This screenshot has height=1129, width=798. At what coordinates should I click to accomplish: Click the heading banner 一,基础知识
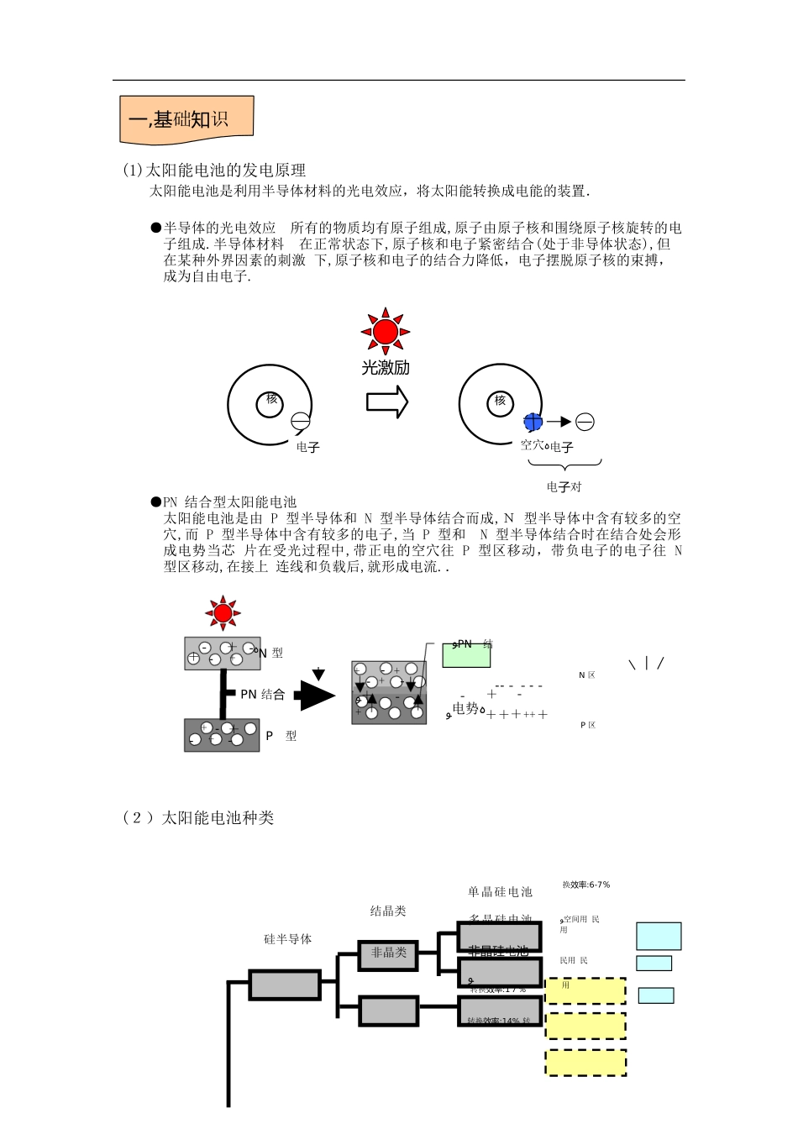[186, 119]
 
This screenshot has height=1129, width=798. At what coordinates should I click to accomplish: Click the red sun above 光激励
[386, 332]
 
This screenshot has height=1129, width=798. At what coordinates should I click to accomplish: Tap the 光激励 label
[386, 368]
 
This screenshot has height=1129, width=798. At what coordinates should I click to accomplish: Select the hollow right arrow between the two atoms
[387, 402]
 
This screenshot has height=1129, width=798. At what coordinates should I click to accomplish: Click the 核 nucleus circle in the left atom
[270, 402]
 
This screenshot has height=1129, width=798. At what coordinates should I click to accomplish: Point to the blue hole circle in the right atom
[533, 422]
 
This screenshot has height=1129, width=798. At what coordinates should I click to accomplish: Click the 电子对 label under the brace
[564, 487]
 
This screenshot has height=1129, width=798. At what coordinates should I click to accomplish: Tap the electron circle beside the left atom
[300, 423]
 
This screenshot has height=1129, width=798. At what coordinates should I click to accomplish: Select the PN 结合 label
[262, 695]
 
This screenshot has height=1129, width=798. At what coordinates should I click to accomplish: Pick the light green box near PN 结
[466, 655]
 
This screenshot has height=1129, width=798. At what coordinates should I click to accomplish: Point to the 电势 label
[466, 708]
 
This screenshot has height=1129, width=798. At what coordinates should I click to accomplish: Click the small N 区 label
[586, 675]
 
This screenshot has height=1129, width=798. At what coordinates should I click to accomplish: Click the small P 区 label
[588, 725]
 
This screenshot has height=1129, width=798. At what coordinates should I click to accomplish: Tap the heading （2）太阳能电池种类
[198, 818]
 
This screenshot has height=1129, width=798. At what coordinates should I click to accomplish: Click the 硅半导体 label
[287, 939]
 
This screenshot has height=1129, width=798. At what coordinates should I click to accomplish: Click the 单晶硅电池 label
[500, 892]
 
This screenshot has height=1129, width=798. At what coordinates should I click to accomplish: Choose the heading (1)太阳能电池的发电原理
[214, 171]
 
